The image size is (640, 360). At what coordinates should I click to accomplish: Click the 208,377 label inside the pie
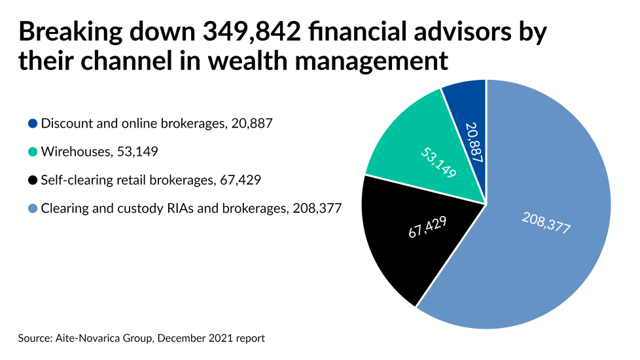tap(546, 223)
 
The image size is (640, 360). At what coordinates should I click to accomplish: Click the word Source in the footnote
tap(33, 338)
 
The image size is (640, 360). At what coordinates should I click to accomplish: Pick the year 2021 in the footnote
tap(224, 338)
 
